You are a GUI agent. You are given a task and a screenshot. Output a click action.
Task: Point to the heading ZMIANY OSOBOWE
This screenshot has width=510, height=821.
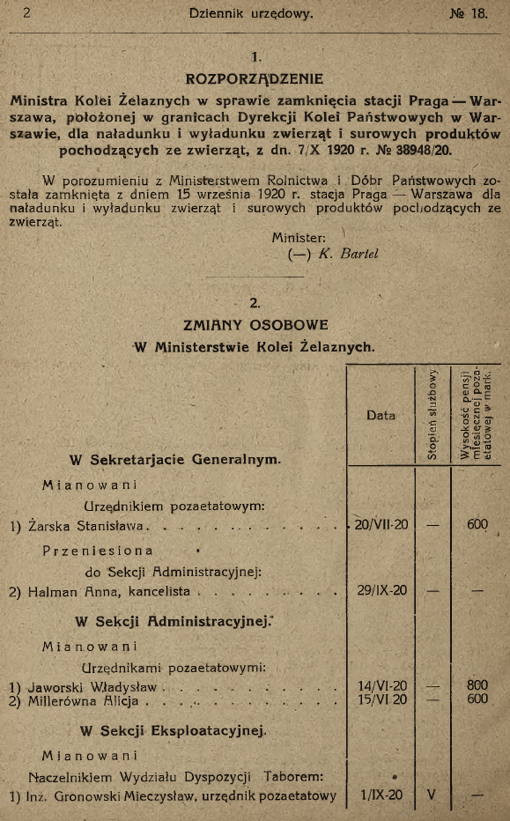click(255, 323)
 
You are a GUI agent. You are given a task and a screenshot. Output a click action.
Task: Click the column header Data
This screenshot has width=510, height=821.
click(381, 415)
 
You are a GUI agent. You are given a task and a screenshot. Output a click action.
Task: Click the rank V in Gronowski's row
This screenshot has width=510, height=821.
click(432, 796)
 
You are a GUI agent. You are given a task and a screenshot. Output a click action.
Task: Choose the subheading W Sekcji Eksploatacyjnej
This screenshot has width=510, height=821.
click(173, 731)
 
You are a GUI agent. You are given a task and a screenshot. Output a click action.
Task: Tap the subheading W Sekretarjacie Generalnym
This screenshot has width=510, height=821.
click(174, 458)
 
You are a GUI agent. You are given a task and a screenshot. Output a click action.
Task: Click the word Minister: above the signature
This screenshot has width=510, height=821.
click(299, 236)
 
